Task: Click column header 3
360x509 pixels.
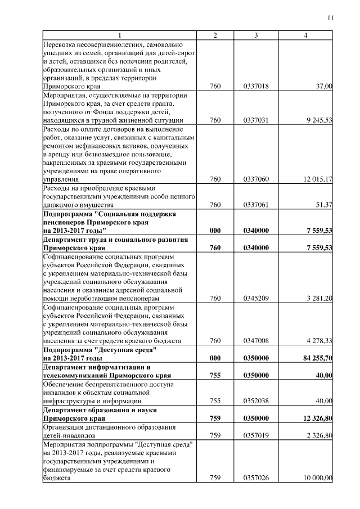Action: click(256, 36)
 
